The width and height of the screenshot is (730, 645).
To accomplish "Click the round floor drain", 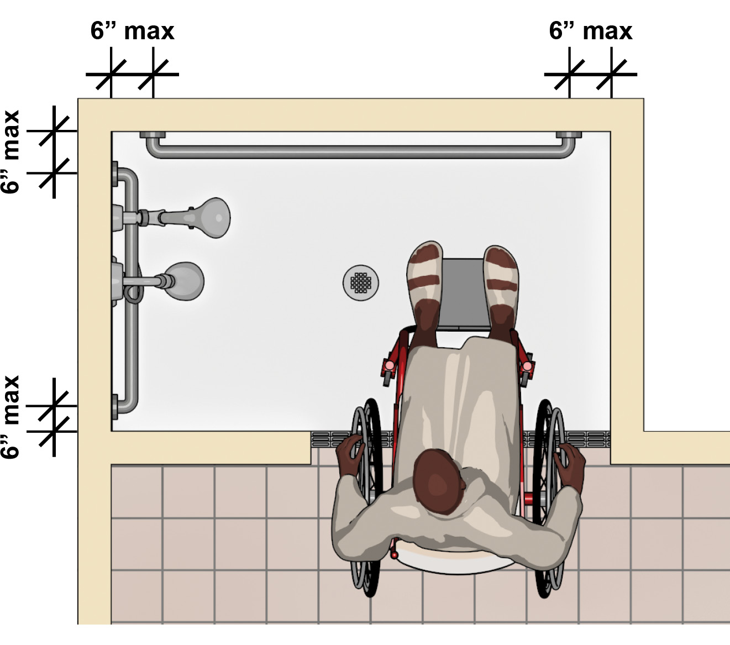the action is (x=361, y=283).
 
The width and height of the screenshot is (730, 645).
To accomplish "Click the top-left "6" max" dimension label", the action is (x=132, y=31).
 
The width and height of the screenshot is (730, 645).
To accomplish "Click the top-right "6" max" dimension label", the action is (x=591, y=31).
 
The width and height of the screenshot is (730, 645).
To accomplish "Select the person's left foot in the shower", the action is (x=424, y=289).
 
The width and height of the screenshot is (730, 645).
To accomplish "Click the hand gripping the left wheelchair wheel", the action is (x=349, y=453).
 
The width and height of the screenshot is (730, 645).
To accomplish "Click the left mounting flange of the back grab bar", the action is (x=153, y=135).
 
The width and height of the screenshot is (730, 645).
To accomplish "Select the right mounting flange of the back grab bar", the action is (x=569, y=135).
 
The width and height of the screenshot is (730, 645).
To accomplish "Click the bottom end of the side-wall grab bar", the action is (x=124, y=407).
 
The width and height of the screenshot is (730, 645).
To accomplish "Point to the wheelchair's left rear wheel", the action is (x=366, y=497).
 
